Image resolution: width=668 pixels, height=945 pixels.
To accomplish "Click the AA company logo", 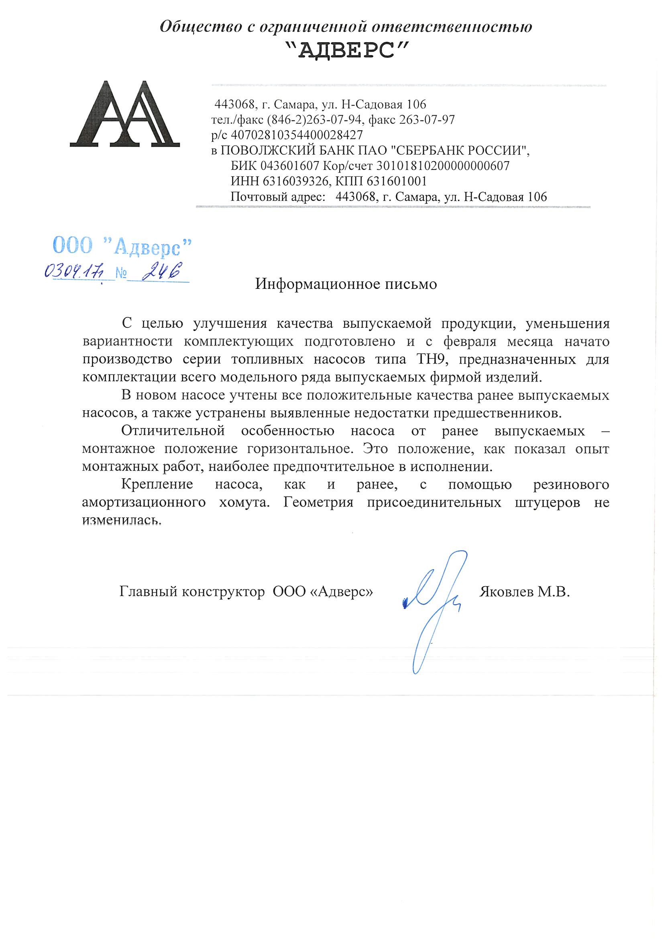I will (124, 114).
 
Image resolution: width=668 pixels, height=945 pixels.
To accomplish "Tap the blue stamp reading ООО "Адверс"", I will (122, 247).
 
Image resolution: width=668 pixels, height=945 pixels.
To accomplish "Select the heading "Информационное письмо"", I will (346, 284).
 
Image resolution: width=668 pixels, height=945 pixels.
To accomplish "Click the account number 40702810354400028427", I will (297, 135).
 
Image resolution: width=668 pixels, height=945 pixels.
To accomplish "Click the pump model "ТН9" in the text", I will (431, 359).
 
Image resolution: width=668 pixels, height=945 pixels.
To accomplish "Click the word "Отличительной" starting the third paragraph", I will (173, 431).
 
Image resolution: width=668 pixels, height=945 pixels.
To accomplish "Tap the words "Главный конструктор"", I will (192, 592).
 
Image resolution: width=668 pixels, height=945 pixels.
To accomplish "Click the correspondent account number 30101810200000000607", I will (443, 166).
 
